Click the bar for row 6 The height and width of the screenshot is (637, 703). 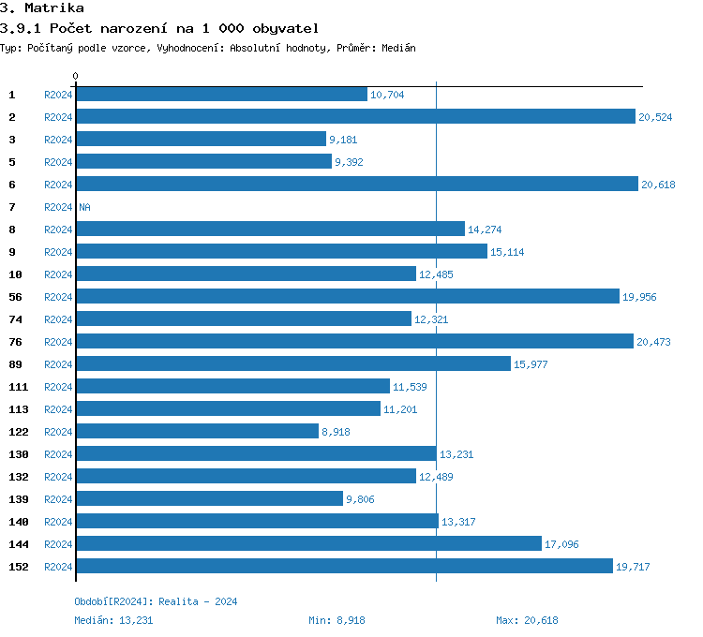[x=356, y=185]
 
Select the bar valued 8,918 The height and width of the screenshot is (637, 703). [x=197, y=432]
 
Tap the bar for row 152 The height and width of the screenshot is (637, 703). [x=344, y=567]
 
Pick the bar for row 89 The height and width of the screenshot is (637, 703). [x=292, y=364]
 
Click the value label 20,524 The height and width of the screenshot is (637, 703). [x=655, y=117]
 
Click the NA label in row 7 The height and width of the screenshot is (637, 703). [x=84, y=207]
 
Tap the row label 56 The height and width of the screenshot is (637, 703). [x=15, y=297]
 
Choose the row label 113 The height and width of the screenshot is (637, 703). [x=19, y=409]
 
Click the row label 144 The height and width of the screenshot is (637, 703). [x=19, y=544]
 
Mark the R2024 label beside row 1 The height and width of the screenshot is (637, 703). [x=58, y=95]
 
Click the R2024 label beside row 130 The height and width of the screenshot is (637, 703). [x=58, y=454]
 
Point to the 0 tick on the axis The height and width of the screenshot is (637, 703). [x=76, y=76]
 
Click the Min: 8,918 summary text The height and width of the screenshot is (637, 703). [x=337, y=620]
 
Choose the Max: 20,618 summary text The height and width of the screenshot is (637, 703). [x=527, y=620]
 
